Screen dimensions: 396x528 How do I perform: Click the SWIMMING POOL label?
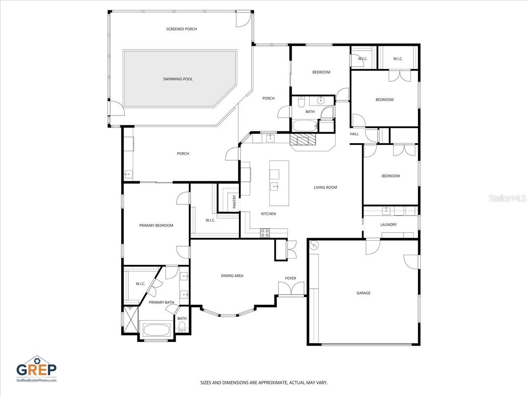click(178, 79)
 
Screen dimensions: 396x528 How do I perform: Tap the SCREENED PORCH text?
click(181, 29)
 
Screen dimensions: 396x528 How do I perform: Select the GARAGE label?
click(363, 293)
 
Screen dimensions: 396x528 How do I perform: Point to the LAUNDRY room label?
click(389, 225)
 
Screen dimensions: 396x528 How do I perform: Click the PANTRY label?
click(234, 201)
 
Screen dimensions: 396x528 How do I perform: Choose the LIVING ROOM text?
click(325, 188)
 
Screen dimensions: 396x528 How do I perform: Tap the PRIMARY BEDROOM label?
click(156, 226)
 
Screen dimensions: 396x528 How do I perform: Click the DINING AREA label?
click(232, 276)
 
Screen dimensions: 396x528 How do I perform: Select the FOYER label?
click(290, 278)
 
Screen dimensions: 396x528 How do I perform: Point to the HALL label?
click(354, 134)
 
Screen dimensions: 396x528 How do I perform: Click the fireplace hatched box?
click(303, 139)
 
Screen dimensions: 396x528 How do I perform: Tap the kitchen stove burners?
click(265, 233)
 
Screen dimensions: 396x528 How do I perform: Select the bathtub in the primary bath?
click(156, 330)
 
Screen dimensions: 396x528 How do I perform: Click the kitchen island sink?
click(275, 186)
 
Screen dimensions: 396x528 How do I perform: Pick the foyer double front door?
click(291, 289)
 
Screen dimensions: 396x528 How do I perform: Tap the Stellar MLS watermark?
click(507, 198)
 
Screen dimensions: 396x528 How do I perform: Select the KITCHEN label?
click(268, 214)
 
